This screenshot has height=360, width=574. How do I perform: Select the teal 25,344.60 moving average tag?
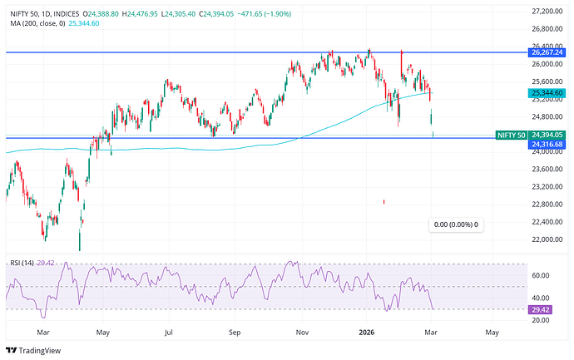coord(546,93)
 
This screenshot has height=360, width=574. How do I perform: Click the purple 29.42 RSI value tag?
coord(541,309)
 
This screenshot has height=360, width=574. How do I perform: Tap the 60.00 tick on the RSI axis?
coord(541,276)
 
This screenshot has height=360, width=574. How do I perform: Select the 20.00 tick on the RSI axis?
coord(541,320)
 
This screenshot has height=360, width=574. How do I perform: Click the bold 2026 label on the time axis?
coord(366,333)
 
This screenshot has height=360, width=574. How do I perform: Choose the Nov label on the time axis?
coord(302,333)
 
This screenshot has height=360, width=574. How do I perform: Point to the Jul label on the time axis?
coord(169,333)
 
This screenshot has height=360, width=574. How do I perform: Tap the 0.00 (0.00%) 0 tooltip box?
coord(456,224)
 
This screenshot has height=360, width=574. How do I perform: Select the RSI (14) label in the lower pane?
coord(22,264)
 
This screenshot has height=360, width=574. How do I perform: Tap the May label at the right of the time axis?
coord(492,333)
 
